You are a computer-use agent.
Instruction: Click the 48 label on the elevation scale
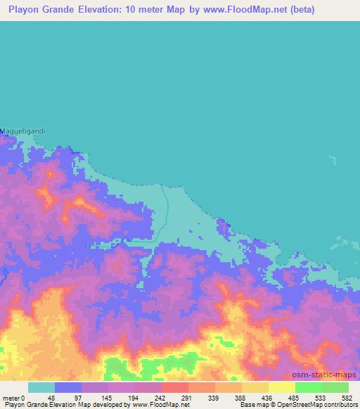[x=51, y=398]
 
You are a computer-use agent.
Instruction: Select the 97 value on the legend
[x=77, y=398]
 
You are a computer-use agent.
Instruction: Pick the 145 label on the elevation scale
[x=105, y=398]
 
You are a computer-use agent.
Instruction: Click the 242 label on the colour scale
[x=160, y=398]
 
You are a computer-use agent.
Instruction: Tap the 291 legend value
[x=187, y=398]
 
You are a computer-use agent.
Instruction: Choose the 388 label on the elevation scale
[x=241, y=398]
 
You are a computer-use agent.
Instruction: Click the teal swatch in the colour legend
[x=41, y=387]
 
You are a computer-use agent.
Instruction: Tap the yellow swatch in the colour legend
[x=281, y=387]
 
